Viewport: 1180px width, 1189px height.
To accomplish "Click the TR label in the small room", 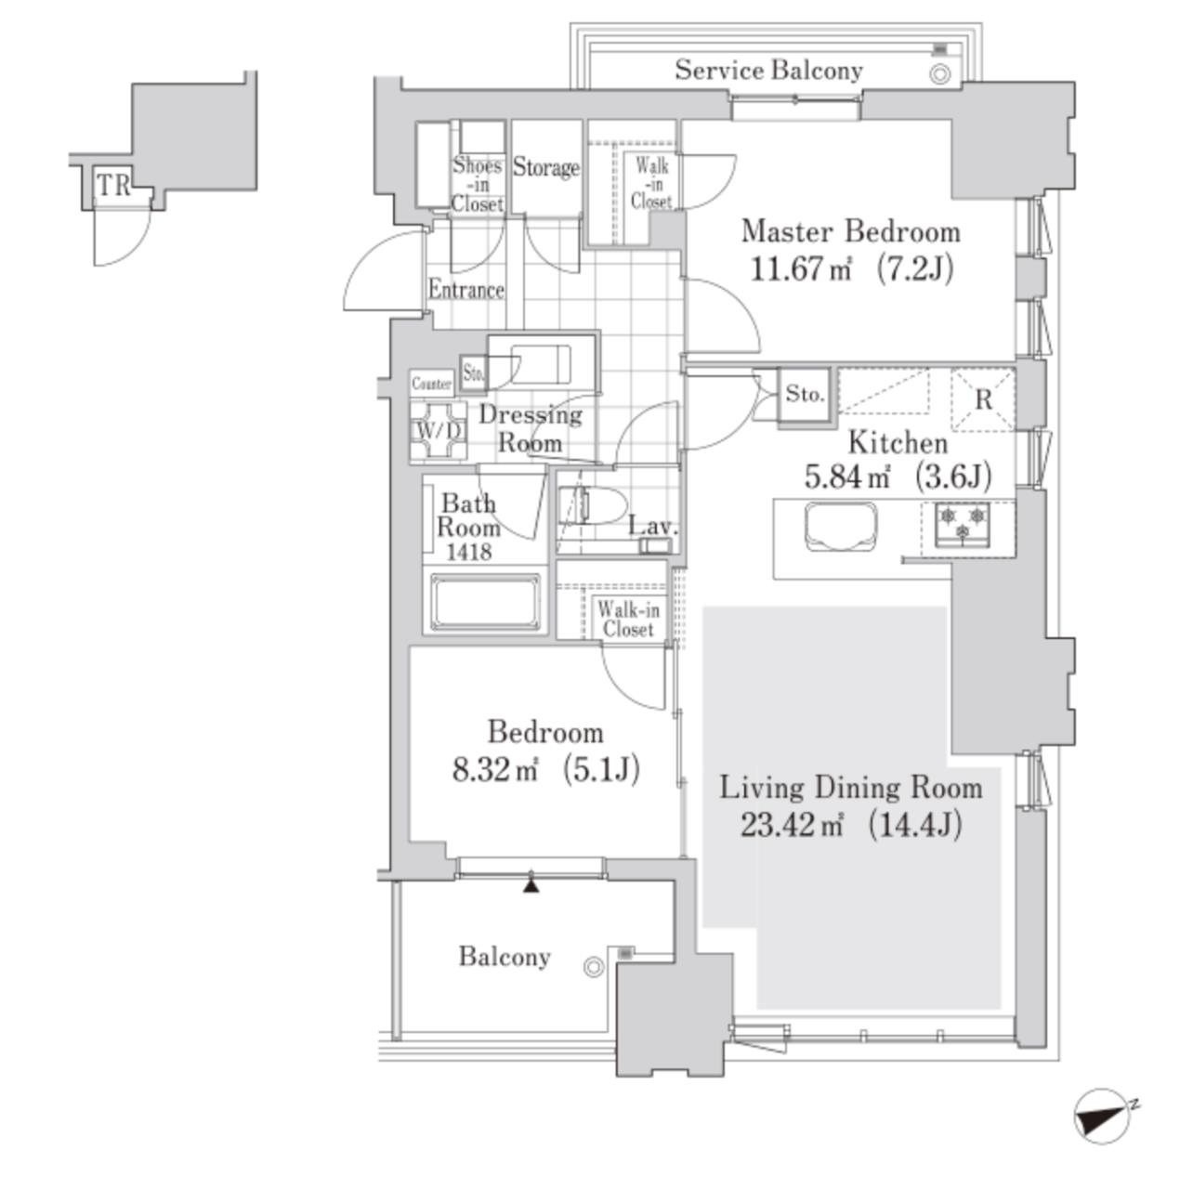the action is [x=113, y=185].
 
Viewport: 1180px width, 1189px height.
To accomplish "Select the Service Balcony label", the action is [x=768, y=71].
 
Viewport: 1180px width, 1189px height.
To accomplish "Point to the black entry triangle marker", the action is [x=531, y=885].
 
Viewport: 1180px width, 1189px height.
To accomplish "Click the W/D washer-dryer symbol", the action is [x=438, y=430].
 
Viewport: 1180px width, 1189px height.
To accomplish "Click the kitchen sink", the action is [x=840, y=526].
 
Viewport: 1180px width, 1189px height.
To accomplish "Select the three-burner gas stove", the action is [x=962, y=525].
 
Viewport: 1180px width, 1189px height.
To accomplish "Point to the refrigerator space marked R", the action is [x=983, y=399].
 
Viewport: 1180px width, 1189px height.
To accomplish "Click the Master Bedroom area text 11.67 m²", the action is [x=800, y=268].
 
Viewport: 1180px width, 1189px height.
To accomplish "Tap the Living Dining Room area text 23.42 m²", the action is [x=792, y=824].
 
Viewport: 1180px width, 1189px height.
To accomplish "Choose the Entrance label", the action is [x=466, y=290].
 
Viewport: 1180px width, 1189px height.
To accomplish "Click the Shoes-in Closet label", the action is [x=478, y=184].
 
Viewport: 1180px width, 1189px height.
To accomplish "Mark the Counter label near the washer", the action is [x=432, y=383].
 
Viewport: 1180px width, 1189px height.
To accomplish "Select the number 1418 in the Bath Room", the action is [x=468, y=551].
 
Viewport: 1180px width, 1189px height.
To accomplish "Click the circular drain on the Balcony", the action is [x=594, y=966].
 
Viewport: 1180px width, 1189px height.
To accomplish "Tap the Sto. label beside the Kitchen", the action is [x=805, y=394].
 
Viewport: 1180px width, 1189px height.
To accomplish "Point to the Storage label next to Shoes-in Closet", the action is [x=545, y=166].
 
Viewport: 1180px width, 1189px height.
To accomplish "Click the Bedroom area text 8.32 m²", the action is [x=496, y=769].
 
